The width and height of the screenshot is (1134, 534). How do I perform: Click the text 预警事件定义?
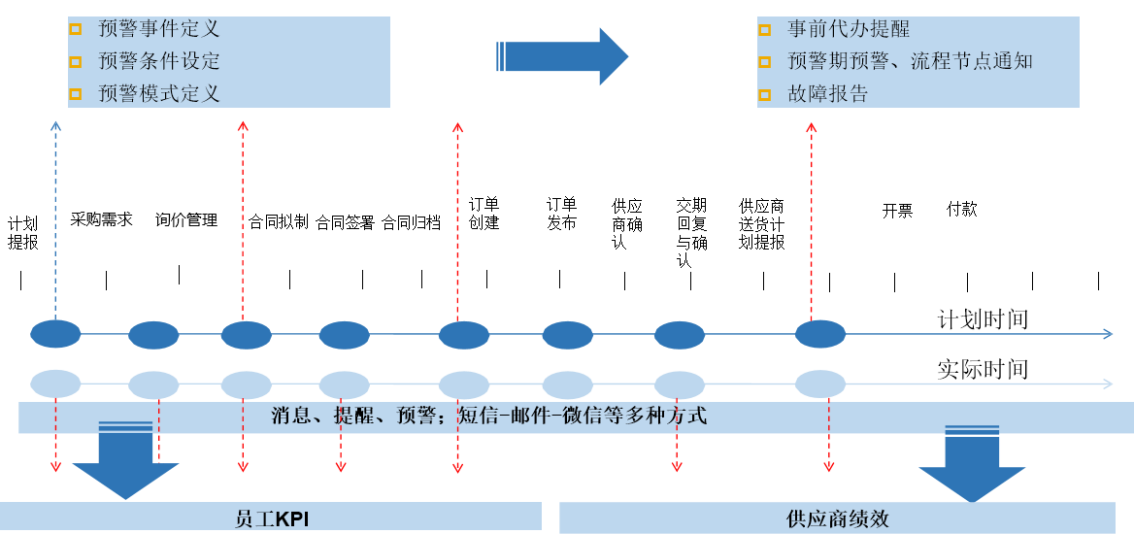[158, 29]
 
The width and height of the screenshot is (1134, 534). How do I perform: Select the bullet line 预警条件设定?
[158, 61]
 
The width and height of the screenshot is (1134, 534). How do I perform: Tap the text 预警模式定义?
[158, 93]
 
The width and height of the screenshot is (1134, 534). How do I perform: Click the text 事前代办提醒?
[848, 29]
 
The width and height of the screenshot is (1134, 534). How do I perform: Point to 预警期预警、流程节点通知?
[909, 61]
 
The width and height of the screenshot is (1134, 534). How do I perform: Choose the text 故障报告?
[827, 94]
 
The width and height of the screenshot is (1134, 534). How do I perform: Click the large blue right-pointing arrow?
[563, 56]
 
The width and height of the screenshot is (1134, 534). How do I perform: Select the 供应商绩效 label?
[837, 518]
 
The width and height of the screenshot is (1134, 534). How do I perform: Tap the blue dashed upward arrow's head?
[55, 124]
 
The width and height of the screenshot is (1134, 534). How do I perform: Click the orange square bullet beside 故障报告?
[764, 94]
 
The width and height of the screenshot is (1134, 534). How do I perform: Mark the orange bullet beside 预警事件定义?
[75, 29]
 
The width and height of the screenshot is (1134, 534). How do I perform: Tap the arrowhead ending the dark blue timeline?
[1108, 334]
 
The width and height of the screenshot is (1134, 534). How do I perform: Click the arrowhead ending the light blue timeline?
[1108, 384]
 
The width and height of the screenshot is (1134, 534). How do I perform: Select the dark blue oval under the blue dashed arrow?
[55, 334]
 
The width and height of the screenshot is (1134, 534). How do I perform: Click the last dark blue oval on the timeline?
[820, 334]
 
